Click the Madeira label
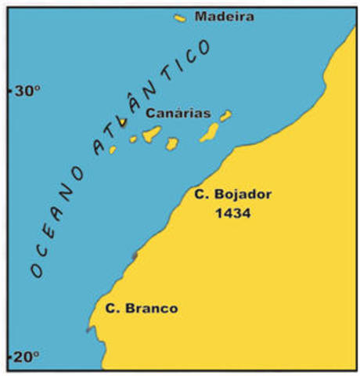[224, 16]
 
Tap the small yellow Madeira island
[180, 17]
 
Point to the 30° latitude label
[25, 91]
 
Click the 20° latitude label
[25, 356]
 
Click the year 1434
[232, 212]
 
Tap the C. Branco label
[141, 308]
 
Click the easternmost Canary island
[225, 116]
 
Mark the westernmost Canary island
[113, 149]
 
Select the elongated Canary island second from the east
[209, 132]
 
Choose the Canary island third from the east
[171, 143]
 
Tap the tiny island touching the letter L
[122, 122]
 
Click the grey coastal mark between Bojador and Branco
[135, 255]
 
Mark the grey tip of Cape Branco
[88, 330]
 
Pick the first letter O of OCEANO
[35, 270]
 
